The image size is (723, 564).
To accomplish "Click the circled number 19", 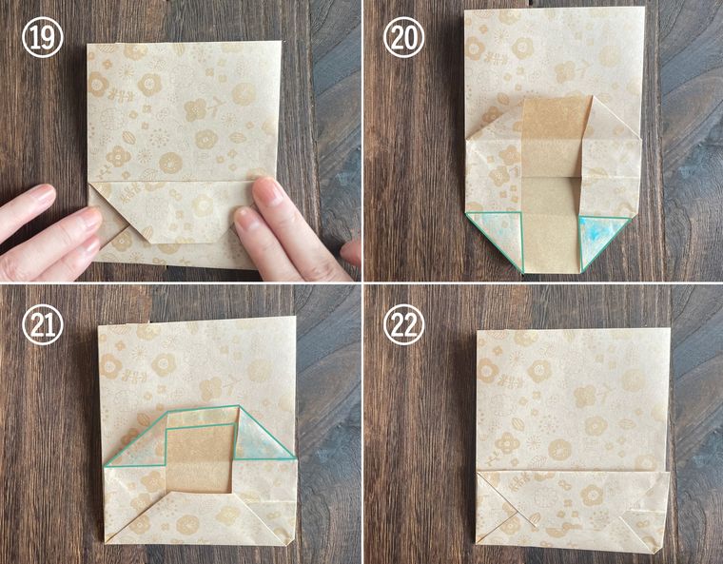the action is (x=43, y=37).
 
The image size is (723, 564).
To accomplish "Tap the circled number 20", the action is (x=403, y=37).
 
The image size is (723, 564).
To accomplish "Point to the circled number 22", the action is (x=403, y=324).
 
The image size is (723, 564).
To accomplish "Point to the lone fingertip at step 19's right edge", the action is (x=352, y=253).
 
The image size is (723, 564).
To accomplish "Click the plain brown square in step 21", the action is (x=199, y=458).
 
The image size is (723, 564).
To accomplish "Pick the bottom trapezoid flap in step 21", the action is (x=199, y=517).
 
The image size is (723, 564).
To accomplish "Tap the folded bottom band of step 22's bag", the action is (x=573, y=510).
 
